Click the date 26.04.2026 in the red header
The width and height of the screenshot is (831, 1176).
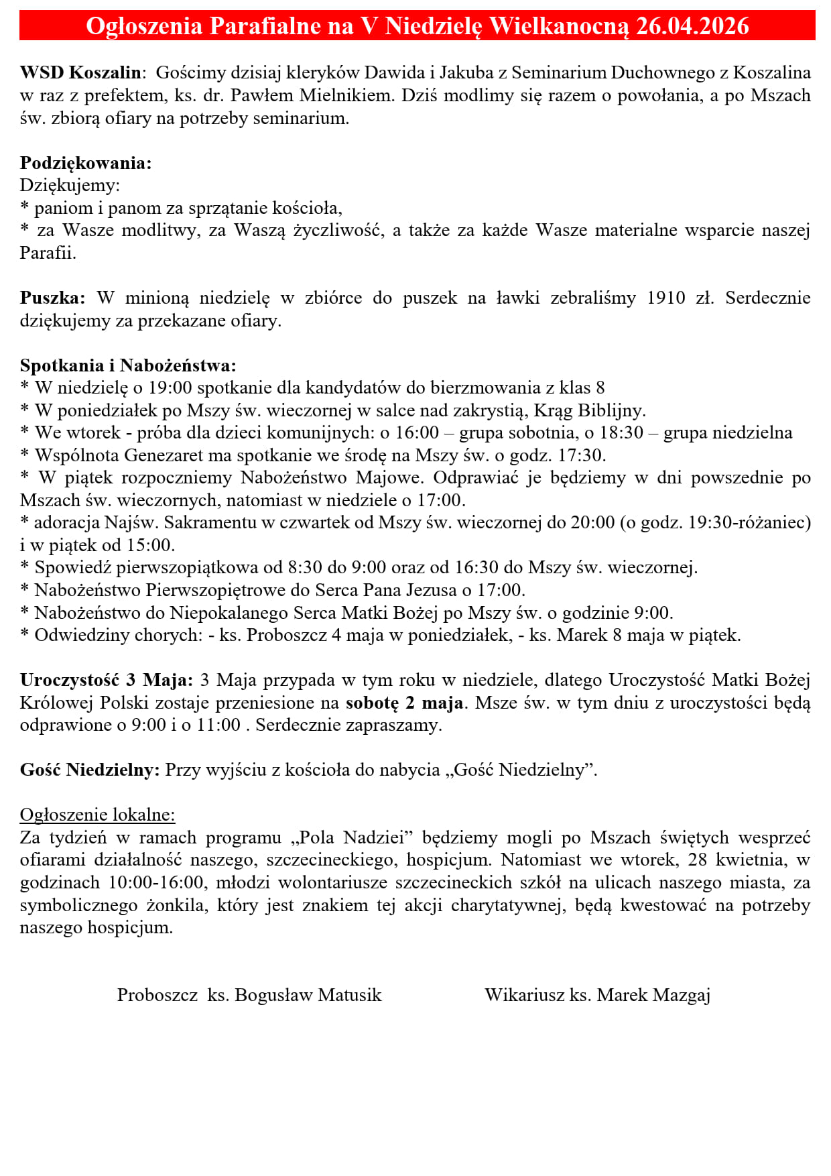tap(692, 26)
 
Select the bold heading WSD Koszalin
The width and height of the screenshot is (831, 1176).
tap(81, 72)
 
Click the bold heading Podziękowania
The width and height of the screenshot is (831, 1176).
tap(86, 163)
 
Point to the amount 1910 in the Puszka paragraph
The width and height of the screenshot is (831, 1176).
tap(666, 298)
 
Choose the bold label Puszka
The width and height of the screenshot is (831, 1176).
tap(53, 298)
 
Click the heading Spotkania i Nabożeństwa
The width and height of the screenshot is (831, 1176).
tap(128, 365)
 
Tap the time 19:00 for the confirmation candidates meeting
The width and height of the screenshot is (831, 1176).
tap(170, 388)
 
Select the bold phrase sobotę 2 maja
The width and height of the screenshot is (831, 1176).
tap(405, 703)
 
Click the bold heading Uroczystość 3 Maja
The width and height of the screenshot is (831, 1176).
tap(107, 680)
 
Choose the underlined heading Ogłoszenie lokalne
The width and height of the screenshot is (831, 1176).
tap(97, 815)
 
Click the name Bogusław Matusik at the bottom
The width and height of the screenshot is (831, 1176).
tap(308, 995)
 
